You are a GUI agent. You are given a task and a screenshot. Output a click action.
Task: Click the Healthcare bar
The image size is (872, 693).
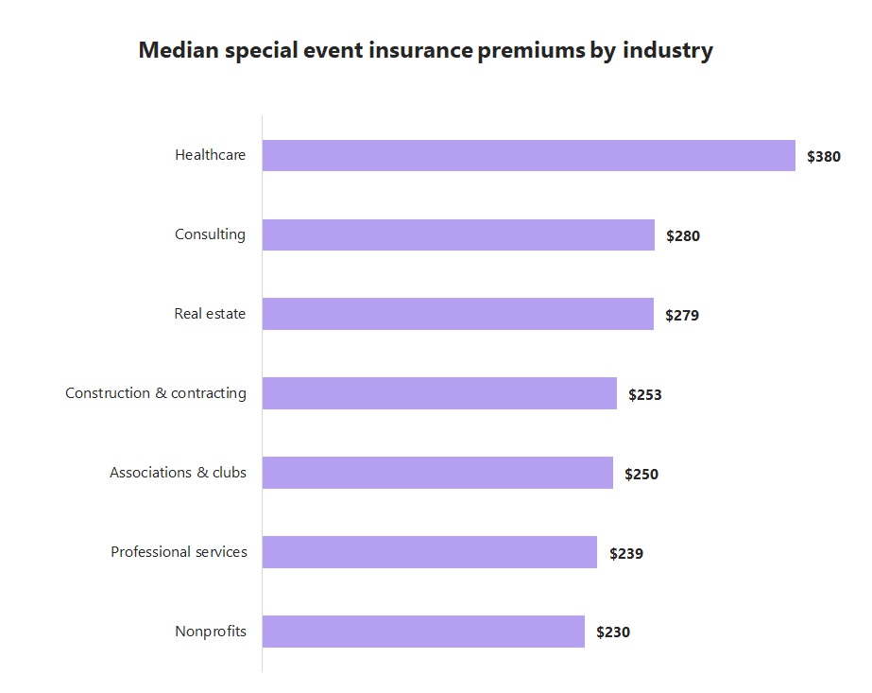[528, 156]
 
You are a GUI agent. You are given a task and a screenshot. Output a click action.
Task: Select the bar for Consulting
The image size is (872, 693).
[458, 235]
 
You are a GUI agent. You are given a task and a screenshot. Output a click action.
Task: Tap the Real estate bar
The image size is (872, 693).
[457, 314]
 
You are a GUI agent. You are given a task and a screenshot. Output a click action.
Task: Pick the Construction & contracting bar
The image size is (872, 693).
[439, 393]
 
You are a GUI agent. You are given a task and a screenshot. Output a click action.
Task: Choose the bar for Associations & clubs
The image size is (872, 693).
[437, 473]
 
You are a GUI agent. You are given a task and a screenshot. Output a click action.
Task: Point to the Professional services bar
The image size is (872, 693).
[429, 552]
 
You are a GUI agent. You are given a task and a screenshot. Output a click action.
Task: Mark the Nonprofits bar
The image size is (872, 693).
[423, 632]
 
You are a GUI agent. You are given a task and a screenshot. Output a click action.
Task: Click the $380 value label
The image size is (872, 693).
[823, 157]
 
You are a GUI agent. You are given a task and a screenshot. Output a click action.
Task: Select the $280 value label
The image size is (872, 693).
[682, 236]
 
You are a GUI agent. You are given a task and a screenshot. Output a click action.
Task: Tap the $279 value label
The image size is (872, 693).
[681, 316]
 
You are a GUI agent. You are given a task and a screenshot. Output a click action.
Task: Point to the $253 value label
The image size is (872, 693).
[644, 395]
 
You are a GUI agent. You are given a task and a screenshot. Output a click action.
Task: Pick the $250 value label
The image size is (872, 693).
[641, 475]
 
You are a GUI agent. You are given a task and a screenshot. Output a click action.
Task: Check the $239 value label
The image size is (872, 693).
[625, 554]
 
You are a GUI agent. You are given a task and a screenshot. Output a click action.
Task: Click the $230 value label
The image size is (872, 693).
[612, 632]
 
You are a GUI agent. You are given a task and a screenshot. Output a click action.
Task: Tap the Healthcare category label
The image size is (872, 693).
[210, 155]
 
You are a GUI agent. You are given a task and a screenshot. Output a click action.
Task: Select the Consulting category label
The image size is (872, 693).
[210, 234]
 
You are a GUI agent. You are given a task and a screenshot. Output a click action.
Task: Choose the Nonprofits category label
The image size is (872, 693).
[210, 632]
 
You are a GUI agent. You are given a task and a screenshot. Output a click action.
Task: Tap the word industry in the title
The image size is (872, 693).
[667, 51]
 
